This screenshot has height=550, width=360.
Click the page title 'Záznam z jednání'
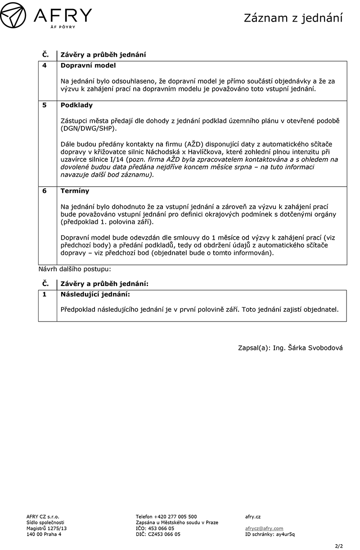pyautogui.click(x=293, y=18)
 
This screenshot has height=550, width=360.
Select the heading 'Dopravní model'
pyautogui.click(x=88, y=66)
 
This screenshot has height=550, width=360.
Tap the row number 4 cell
pyautogui.click(x=45, y=66)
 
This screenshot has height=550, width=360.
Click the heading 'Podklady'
pyautogui.click(x=76, y=105)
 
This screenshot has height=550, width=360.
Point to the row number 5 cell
pyautogui.click(x=45, y=105)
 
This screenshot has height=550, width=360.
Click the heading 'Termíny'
pyautogui.click(x=75, y=191)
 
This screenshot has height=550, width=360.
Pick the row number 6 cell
pyautogui.click(x=45, y=191)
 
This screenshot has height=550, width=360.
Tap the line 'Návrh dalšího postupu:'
pyautogui.click(x=75, y=269)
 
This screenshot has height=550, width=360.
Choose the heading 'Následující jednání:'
pyautogui.click(x=95, y=294)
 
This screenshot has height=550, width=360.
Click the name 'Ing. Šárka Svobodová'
pyautogui.click(x=308, y=348)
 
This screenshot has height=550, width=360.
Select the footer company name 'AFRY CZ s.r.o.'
pyautogui.click(x=43, y=517)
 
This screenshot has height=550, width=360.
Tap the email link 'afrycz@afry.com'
pyautogui.click(x=264, y=528)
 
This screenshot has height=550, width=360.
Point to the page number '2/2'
pyautogui.click(x=339, y=546)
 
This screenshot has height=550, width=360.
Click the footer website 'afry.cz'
pyautogui.click(x=253, y=517)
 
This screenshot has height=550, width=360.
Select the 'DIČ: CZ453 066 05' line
pyautogui.click(x=158, y=534)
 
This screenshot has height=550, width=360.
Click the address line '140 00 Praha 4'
pyautogui.click(x=44, y=534)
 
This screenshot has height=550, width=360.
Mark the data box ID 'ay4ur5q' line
pyautogui.click(x=270, y=534)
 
